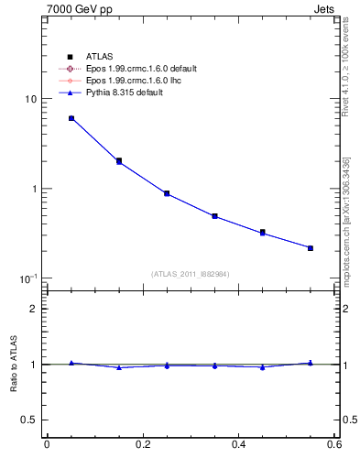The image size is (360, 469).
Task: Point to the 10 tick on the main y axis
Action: pos(30,99)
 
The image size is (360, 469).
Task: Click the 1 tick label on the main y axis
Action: pos(34,189)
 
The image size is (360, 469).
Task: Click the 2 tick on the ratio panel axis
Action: pos(34,309)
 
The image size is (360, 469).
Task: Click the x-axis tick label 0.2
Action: pos(142,445)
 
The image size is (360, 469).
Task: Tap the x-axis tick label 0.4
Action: pos(238,445)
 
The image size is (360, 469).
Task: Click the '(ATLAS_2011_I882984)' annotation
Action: pos(190,274)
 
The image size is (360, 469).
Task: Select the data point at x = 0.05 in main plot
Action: pos(71,118)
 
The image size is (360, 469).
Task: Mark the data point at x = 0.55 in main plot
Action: pos(311,248)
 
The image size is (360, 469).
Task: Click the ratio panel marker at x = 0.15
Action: pos(119,367)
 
